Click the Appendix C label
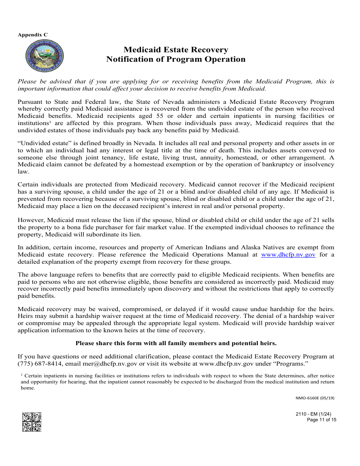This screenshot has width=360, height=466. [33, 34]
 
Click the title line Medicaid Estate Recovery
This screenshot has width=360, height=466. [176, 50]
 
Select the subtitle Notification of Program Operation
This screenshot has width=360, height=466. [176, 59]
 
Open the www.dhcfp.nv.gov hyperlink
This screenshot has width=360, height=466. [288, 255]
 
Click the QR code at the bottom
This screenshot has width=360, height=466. [31, 422]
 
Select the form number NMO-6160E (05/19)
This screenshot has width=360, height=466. [315, 398]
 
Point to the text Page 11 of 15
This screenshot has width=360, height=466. [321, 420]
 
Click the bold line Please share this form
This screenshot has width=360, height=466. [176, 343]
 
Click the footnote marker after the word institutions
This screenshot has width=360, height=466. [50, 122]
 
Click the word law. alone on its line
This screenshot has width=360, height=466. [23, 172]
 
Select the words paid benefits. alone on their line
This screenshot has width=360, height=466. [36, 296]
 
